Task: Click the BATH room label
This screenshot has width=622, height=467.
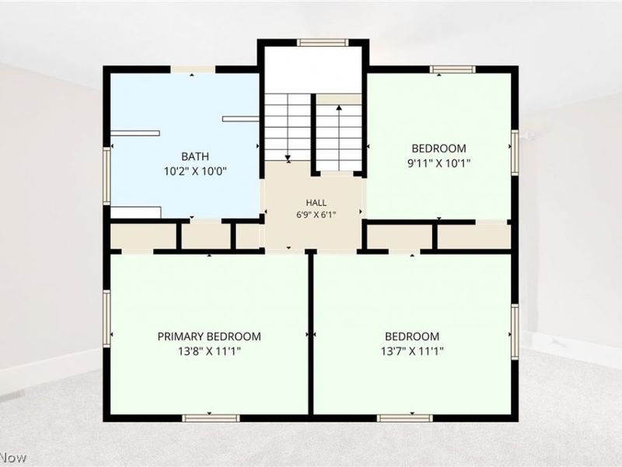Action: coord(195,156)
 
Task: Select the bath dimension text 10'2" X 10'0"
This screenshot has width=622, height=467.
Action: coord(195,171)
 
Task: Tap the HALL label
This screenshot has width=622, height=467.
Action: coord(316,202)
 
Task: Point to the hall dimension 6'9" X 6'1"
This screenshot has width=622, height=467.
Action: coord(316,216)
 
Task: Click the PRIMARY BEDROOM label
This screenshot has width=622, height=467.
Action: coord(209,336)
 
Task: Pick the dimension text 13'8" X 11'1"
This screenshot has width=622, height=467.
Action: coord(209,352)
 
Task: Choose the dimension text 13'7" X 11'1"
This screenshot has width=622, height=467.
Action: coord(412,352)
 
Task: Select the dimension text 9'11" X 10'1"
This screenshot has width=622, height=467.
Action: coord(439,163)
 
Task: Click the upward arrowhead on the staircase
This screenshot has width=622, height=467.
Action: coord(339,107)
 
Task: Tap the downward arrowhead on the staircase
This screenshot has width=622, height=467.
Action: coord(288,158)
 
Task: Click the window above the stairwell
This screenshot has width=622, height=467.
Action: coord(323,43)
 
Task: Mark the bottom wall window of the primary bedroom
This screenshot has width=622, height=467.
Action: coord(211,418)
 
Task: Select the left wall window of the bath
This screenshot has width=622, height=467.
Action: coord(107,176)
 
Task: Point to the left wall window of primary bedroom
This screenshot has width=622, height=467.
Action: coord(107,318)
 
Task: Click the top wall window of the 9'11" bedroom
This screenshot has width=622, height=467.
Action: coord(453,69)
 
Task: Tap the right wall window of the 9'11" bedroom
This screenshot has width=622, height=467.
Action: coord(515,153)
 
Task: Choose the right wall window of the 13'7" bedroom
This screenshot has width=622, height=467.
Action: coord(515,332)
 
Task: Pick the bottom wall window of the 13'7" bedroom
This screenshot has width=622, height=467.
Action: coord(404,418)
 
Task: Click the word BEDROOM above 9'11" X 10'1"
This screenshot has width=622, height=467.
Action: coord(439,149)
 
